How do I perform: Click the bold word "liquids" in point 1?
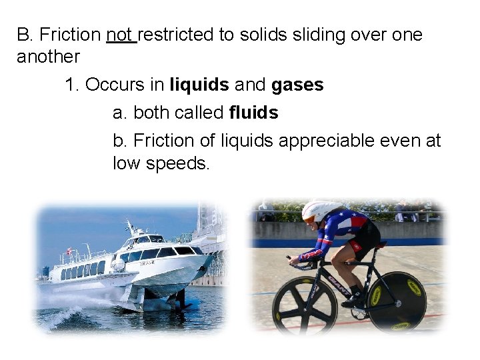(199, 85)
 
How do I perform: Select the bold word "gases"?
(297, 85)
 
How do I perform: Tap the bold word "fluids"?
(253, 113)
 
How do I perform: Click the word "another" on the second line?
(48, 56)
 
